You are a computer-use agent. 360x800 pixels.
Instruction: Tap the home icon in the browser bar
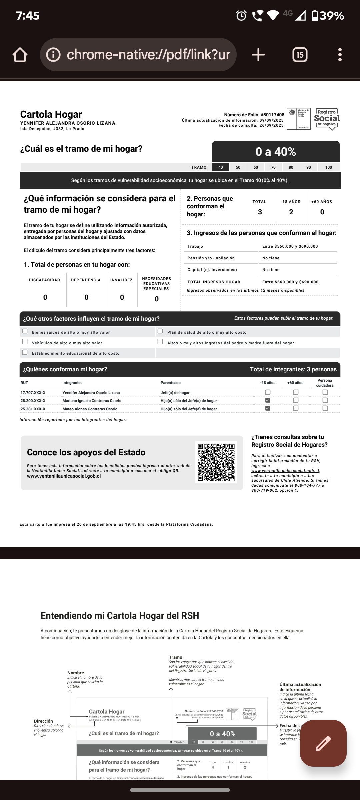coord(20,55)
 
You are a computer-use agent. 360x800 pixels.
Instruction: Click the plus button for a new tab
coord(258,55)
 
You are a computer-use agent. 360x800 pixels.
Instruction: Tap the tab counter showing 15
coord(300,55)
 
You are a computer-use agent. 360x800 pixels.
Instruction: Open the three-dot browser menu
coord(340,55)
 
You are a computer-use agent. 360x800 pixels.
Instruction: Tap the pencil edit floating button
coord(323,743)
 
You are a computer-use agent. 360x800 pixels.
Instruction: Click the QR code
coord(216,462)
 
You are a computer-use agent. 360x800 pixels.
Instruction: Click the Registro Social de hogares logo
coord(327,119)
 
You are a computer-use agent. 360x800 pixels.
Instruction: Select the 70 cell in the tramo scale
coord(273,167)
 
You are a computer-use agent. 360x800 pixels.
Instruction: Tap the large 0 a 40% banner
coord(276,152)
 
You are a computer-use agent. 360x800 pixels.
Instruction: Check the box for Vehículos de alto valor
coord(25,342)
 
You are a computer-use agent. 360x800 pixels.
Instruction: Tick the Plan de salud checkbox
coord(160,331)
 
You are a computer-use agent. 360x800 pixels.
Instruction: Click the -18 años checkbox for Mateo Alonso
coord(268,408)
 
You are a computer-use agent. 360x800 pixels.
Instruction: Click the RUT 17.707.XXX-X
coord(33,393)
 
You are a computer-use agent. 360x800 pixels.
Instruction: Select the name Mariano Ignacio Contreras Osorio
coord(92,401)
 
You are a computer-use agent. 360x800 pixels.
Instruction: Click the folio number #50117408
coord(272,115)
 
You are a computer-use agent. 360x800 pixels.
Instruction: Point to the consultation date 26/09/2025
coord(271,125)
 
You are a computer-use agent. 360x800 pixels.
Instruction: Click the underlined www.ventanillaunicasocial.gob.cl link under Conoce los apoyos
coord(64,476)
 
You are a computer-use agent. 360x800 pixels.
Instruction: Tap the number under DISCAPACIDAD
coord(45,297)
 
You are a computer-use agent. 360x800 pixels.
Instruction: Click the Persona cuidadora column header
coord(325,383)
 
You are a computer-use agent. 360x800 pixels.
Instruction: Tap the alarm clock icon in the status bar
coord(241,16)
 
